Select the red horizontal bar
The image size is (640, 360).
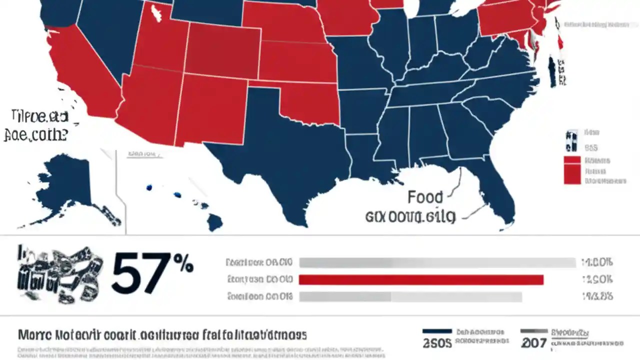(x=421, y=279)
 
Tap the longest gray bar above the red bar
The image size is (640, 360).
(x=437, y=262)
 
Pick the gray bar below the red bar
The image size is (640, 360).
(x=410, y=297)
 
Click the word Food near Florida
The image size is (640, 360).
(x=425, y=197)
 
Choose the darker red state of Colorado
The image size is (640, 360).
(x=222, y=50)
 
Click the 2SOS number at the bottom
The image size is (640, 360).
(x=437, y=343)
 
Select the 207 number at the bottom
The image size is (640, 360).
(x=534, y=343)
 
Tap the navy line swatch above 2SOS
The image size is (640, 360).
(x=437, y=331)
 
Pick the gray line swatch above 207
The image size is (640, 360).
(x=533, y=331)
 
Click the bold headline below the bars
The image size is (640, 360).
(x=162, y=334)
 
